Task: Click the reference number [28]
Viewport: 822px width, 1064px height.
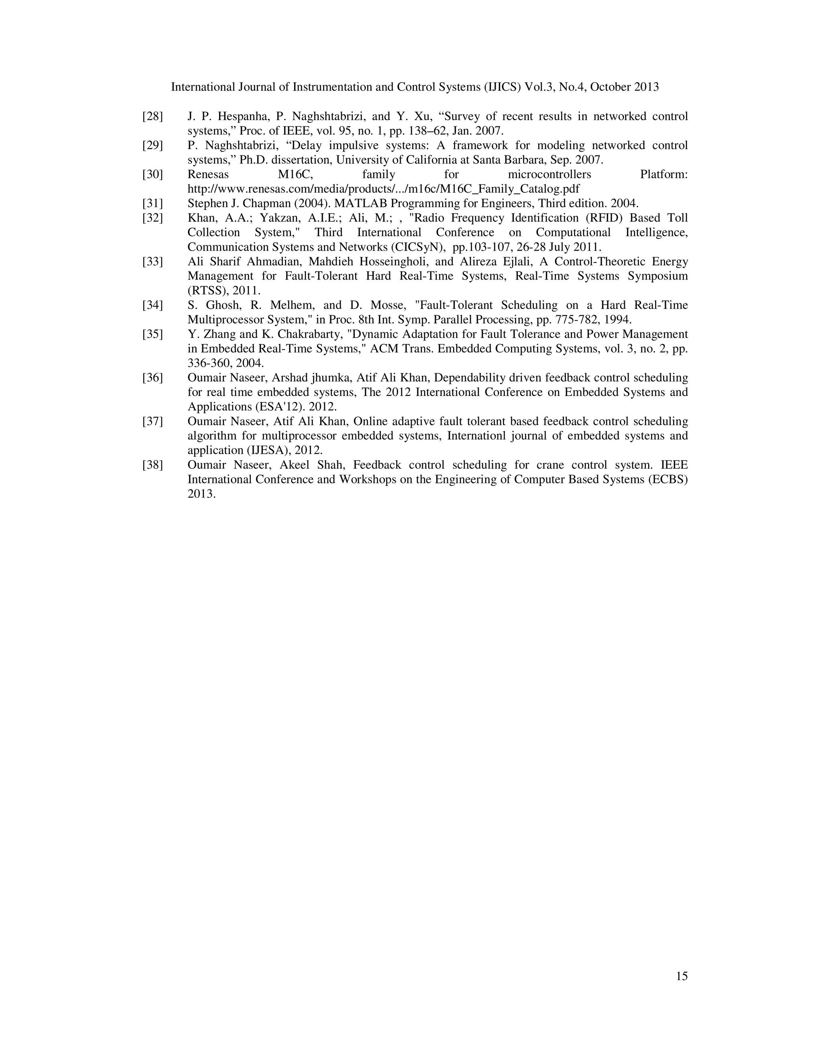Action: pyautogui.click(x=153, y=116)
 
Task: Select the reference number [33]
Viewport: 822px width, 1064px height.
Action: pyautogui.click(x=153, y=262)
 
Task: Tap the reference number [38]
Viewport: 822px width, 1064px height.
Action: pyautogui.click(x=153, y=465)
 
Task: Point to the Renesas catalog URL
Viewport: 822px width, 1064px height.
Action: pyautogui.click(x=383, y=189)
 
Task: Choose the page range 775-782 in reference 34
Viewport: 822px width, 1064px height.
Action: pyautogui.click(x=578, y=320)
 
